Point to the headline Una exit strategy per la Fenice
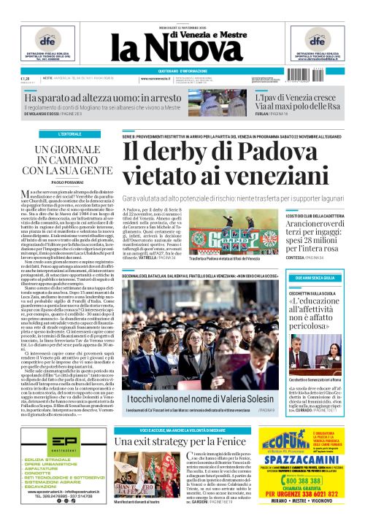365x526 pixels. pyautogui.click(x=190, y=440)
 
